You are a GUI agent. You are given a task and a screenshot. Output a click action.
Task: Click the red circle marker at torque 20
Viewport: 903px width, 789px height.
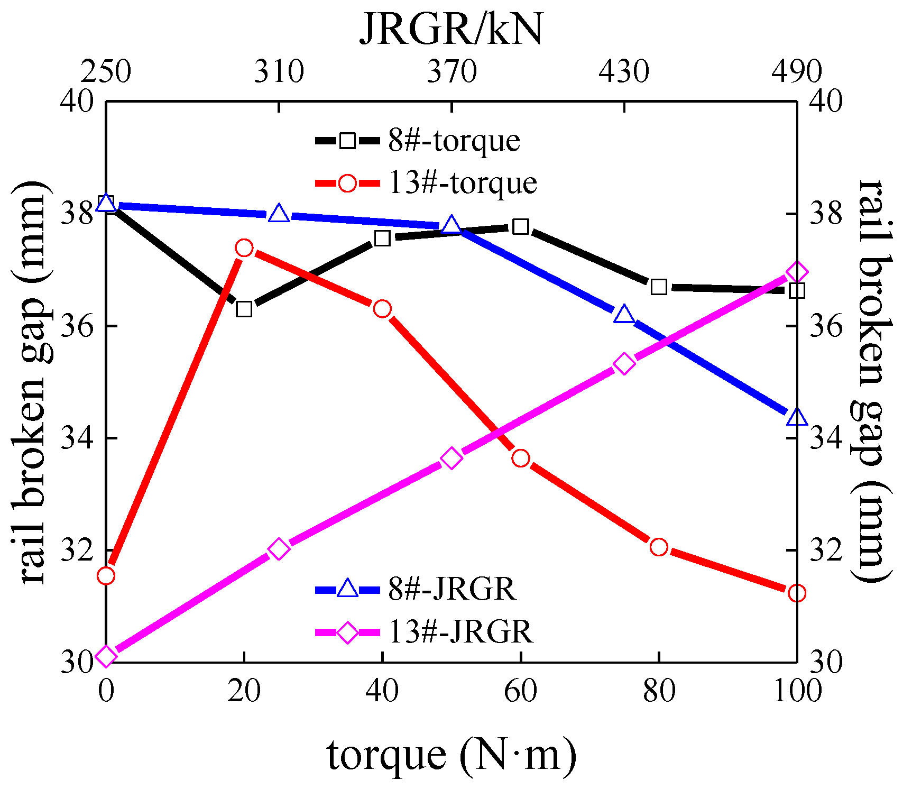[x=244, y=247]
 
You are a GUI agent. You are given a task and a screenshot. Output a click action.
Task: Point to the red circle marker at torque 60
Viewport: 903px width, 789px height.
[x=521, y=458]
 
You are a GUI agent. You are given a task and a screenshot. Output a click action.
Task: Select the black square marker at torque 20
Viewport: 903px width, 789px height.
[x=244, y=309]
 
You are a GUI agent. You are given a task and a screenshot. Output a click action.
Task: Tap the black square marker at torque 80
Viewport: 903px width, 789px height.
[x=659, y=287]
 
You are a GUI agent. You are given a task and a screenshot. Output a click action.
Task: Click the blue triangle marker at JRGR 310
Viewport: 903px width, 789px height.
[x=279, y=214]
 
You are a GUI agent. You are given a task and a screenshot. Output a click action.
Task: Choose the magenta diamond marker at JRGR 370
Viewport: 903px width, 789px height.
[x=451, y=458]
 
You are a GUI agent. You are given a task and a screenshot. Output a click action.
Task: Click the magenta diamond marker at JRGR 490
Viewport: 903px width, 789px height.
[x=797, y=272]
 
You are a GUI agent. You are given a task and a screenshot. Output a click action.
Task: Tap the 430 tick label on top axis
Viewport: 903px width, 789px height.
[x=624, y=72]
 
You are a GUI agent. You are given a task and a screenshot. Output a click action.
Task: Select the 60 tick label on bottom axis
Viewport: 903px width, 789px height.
[x=521, y=691]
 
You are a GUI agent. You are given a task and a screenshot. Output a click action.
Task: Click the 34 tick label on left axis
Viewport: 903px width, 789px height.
[x=77, y=438]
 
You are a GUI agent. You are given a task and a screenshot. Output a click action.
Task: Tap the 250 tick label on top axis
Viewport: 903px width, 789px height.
[x=106, y=72]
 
